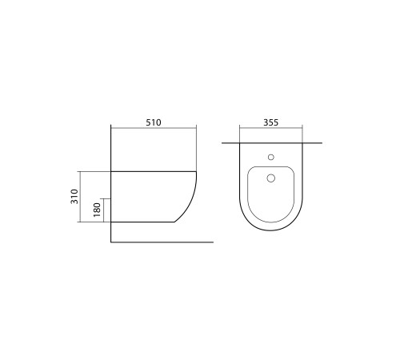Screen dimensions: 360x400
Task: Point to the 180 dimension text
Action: [x=97, y=210]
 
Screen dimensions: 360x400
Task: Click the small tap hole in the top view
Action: [x=271, y=157]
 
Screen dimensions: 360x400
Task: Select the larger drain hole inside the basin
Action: [x=271, y=178]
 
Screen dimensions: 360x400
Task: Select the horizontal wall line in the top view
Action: [x=232, y=143]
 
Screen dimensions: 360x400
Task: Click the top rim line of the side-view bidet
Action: [x=152, y=171]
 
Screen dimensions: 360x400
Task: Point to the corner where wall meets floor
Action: [x=109, y=241]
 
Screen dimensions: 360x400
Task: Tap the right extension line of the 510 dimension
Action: [x=197, y=148]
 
